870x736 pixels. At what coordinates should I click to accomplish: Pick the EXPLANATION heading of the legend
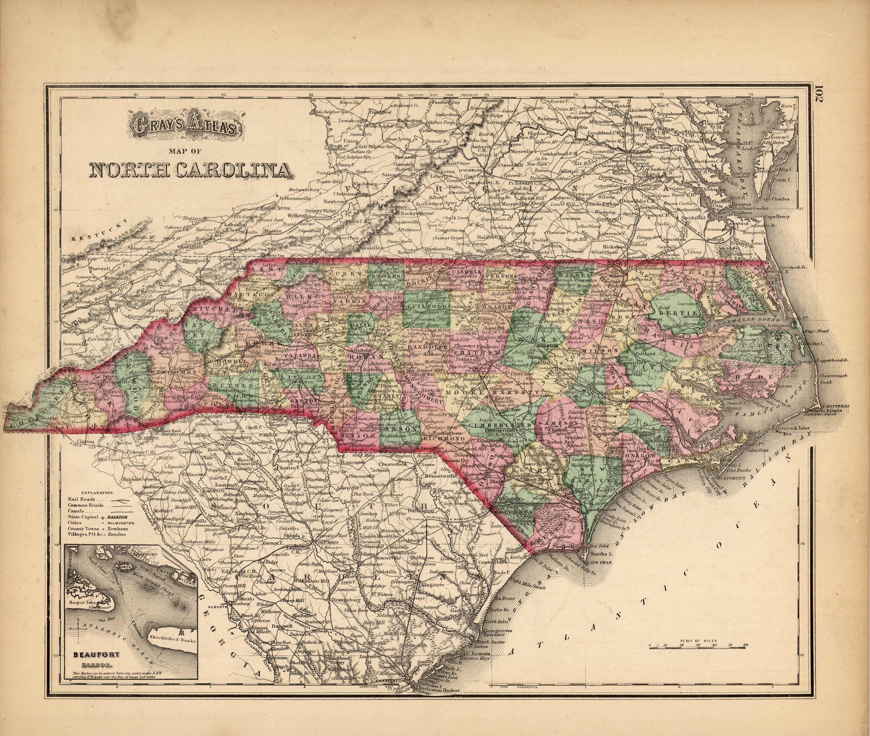coord(93,492)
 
